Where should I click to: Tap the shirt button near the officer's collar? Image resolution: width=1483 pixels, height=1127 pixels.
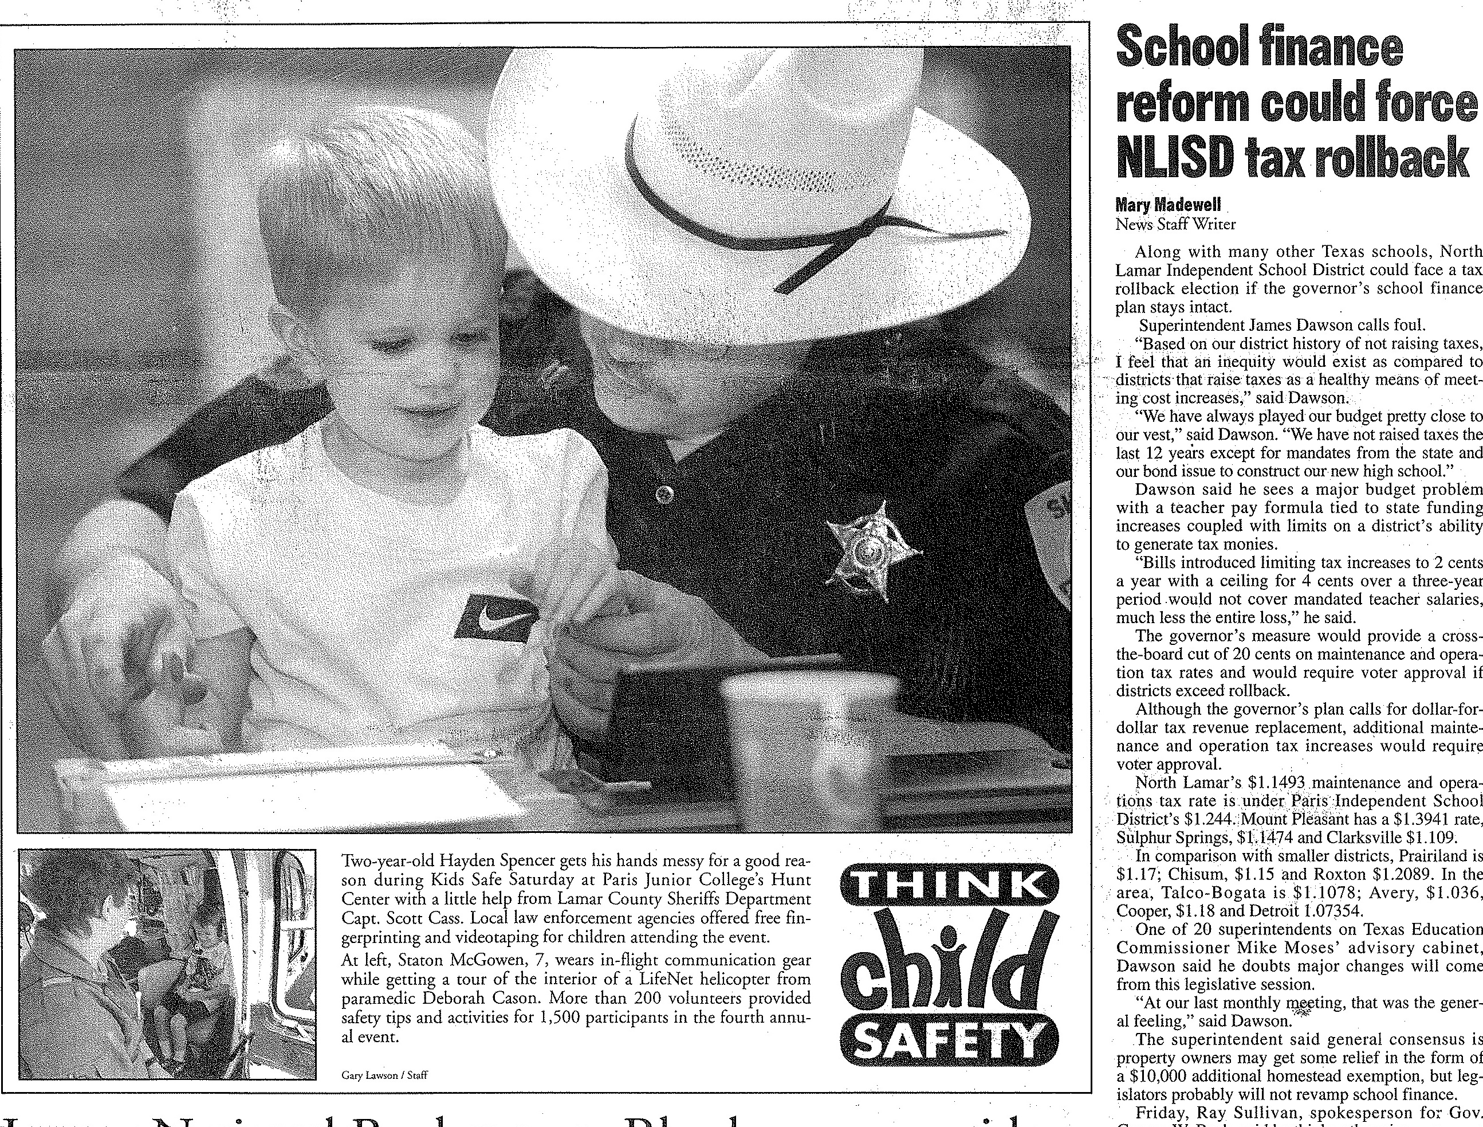tap(664, 495)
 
